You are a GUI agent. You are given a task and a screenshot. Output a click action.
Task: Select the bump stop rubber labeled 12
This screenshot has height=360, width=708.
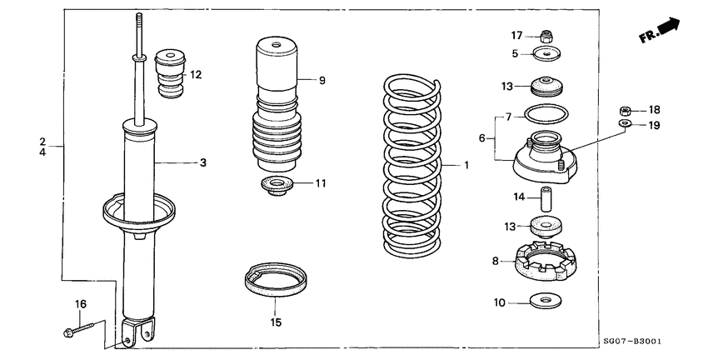pos(170,75)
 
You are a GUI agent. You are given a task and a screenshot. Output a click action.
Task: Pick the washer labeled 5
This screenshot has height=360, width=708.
pos(546,54)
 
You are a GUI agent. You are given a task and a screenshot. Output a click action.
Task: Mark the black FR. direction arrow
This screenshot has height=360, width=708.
pos(668,29)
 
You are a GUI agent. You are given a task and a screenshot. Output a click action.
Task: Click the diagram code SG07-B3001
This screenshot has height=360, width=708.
pos(642,342)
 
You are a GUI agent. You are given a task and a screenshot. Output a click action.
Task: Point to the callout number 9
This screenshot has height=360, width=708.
pos(322,81)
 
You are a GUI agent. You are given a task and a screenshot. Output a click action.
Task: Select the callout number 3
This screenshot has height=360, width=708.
pos(202,163)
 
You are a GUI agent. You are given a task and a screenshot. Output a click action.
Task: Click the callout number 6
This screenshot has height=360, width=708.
pos(482,137)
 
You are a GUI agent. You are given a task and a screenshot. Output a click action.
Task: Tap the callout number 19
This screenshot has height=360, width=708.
pos(654,125)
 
